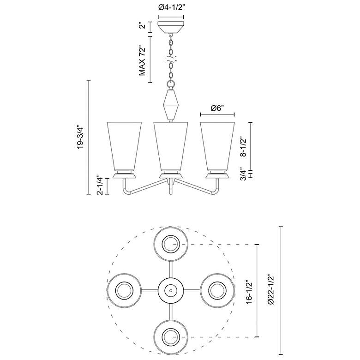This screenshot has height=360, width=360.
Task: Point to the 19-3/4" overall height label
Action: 82,137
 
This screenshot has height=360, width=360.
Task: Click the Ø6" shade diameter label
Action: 217,108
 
